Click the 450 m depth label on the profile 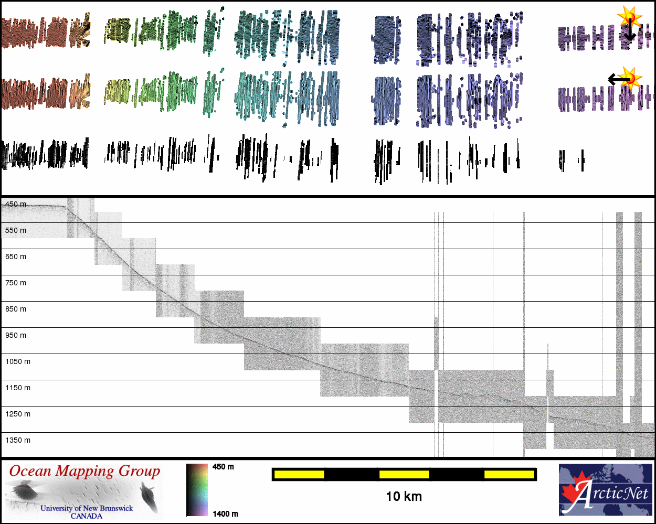[x=16, y=204]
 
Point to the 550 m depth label [x=16, y=230]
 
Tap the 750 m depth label [x=16, y=283]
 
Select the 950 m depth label [x=16, y=335]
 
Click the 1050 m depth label [x=18, y=361]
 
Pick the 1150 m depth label [x=18, y=388]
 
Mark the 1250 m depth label [x=18, y=414]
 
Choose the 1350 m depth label [x=18, y=440]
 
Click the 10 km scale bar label [x=404, y=496]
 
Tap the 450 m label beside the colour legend [x=223, y=467]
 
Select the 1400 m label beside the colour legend [x=225, y=514]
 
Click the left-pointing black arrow [x=618, y=80]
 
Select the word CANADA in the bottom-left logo [x=87, y=516]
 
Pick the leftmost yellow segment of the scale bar [x=299, y=475]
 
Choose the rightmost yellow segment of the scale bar [x=509, y=475]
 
